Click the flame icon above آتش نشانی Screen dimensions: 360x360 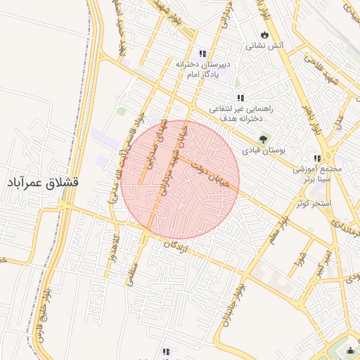(x=264, y=34)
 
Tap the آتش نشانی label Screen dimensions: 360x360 (x=264, y=46)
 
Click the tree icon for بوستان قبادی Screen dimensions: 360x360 (x=264, y=139)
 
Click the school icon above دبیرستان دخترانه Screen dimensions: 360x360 (x=202, y=53)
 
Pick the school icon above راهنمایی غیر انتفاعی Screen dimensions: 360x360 (x=240, y=98)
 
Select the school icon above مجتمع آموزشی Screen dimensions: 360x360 (x=317, y=158)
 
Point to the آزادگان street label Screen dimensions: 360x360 (x=178, y=246)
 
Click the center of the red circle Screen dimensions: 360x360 (x=180, y=180)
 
